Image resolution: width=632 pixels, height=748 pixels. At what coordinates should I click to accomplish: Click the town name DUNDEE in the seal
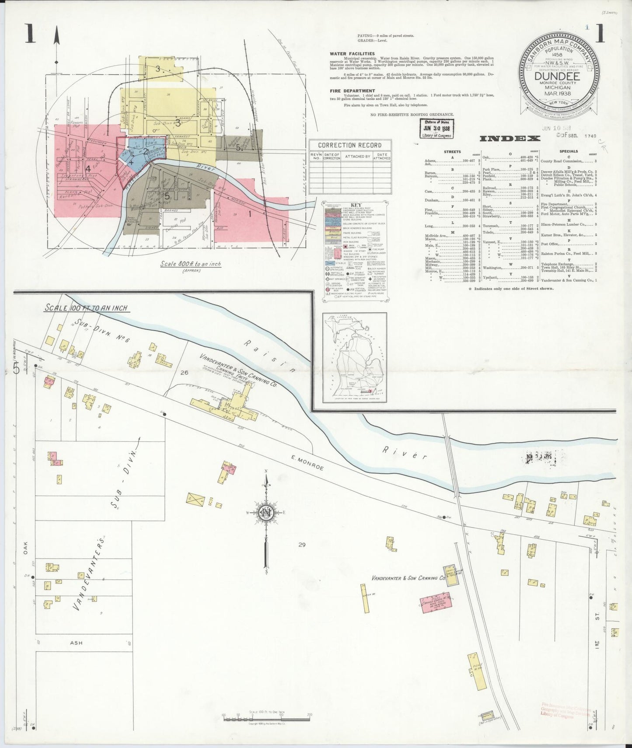coord(557,76)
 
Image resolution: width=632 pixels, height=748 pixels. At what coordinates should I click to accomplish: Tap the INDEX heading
coord(510,139)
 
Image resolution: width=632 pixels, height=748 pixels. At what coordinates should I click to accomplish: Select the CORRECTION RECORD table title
coord(349,145)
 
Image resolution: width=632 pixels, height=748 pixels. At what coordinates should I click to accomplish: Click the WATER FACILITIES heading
coord(353,54)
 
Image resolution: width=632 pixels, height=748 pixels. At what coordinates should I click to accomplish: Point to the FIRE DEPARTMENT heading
coord(353,91)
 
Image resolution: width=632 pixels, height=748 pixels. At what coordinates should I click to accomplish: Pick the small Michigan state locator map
coord(354,357)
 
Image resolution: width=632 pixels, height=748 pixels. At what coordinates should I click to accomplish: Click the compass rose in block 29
coord(265,513)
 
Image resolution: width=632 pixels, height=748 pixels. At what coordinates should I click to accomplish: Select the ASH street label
coord(76,643)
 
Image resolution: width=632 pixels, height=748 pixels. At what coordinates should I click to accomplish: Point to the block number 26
coord(184,373)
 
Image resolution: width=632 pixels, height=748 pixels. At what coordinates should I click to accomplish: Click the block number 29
coord(302,545)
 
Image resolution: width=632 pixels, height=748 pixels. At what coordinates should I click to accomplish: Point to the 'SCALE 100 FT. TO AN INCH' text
coord(87,308)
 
